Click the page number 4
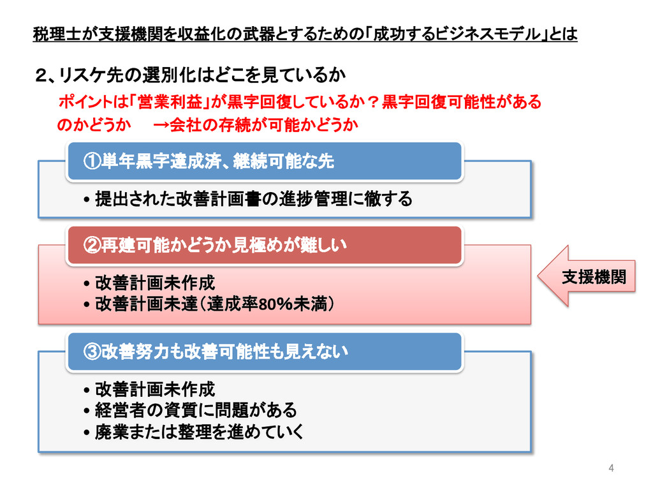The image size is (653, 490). click(612, 469)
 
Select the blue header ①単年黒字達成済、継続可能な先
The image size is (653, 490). click(265, 161)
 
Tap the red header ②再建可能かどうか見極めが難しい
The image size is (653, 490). click(265, 245)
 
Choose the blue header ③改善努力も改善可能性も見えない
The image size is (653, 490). click(265, 351)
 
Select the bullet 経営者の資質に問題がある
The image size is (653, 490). click(196, 410)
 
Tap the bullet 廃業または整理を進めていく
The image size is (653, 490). click(199, 432)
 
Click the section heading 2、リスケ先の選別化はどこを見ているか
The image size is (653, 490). click(190, 77)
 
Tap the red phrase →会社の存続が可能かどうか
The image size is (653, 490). click(255, 125)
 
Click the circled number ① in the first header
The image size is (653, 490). click(92, 162)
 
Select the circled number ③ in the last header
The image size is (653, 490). click(92, 352)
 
